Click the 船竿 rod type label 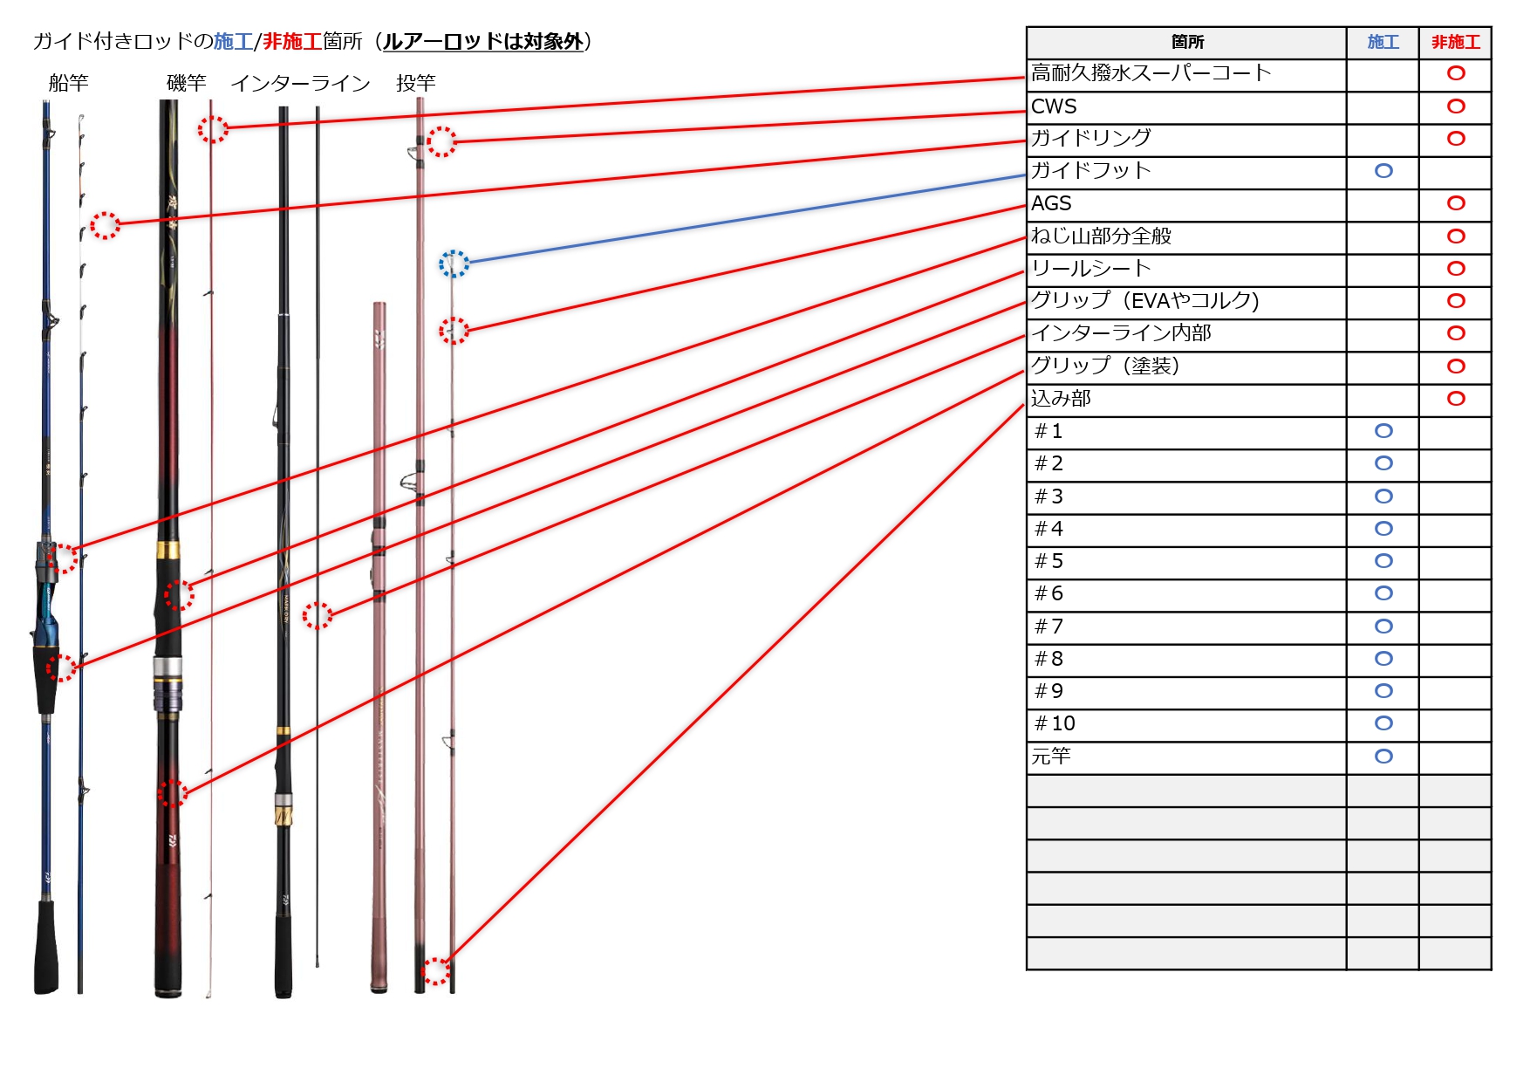point(69,83)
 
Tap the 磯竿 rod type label point(186,83)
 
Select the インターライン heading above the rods point(300,83)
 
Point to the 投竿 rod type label point(415,83)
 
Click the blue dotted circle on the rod point(454,264)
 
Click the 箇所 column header point(1187,42)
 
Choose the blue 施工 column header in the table point(1383,42)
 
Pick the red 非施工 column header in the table point(1455,42)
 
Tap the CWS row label point(1054,106)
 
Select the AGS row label point(1051,203)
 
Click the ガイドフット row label point(1090,170)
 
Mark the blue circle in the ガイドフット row point(1383,171)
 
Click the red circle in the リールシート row point(1456,269)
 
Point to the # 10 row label point(1055,723)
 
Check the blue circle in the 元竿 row point(1383,757)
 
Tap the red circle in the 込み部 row point(1456,399)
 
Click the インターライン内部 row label point(1121,332)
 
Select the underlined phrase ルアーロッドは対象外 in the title point(482,41)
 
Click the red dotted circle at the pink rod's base point(435,971)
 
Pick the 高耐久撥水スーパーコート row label point(1151,73)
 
